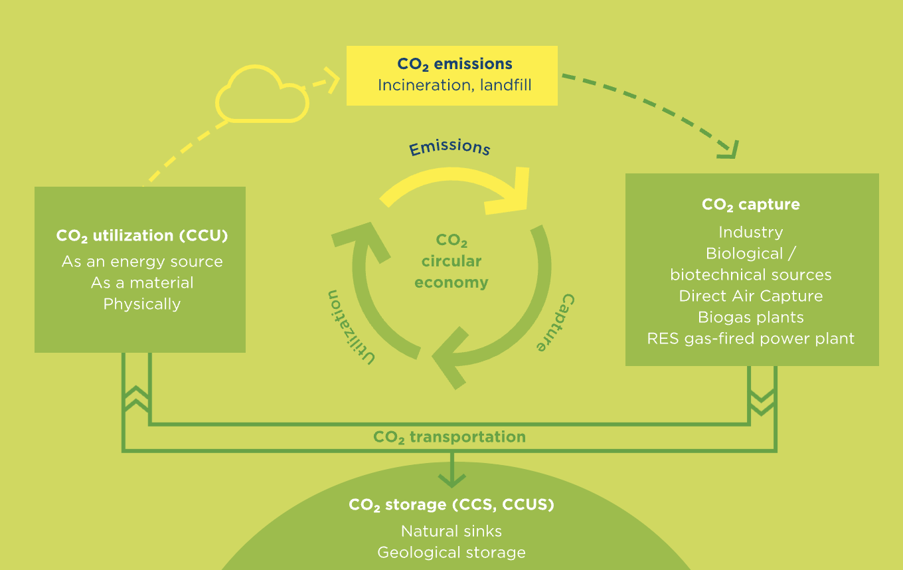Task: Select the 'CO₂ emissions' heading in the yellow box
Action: tap(454, 64)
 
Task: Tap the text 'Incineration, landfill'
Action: tap(454, 85)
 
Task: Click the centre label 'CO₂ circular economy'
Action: tap(451, 261)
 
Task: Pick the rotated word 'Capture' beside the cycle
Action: tap(556, 322)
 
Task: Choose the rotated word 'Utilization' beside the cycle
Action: tap(350, 328)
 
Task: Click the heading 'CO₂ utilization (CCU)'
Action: tap(142, 236)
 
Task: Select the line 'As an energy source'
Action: tap(142, 262)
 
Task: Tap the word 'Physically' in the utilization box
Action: tap(142, 304)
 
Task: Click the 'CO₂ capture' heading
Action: tap(750, 205)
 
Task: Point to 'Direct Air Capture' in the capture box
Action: tap(750, 296)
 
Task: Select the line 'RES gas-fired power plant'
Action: tap(750, 338)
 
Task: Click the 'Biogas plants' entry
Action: tap(750, 318)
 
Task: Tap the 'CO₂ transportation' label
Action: tap(450, 437)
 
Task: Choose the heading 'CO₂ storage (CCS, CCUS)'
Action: tap(451, 505)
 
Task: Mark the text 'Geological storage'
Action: tap(451, 553)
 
